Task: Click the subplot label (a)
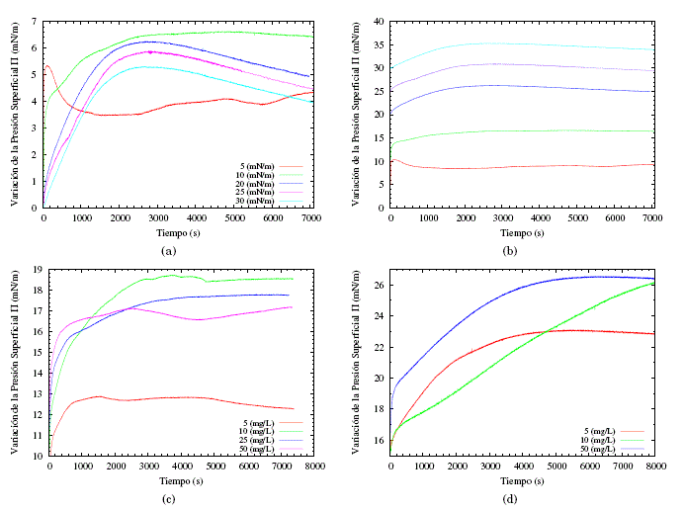[x=168, y=251]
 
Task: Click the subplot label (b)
[x=513, y=251]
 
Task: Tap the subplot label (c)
[x=168, y=499]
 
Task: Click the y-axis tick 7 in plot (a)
[x=35, y=21]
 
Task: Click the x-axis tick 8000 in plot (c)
[x=314, y=467]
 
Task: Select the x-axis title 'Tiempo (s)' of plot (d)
[x=524, y=480]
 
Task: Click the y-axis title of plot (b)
[x=355, y=114]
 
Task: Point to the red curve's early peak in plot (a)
[x=48, y=66]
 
